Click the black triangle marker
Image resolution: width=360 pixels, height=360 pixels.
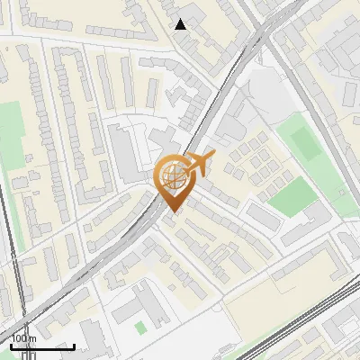(181, 24)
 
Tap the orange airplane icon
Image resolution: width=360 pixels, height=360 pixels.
(199, 165)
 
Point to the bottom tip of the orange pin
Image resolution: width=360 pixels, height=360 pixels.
(172, 212)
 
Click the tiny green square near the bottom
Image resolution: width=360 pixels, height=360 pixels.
(140, 328)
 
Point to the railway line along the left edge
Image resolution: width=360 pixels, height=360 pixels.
(11, 261)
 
